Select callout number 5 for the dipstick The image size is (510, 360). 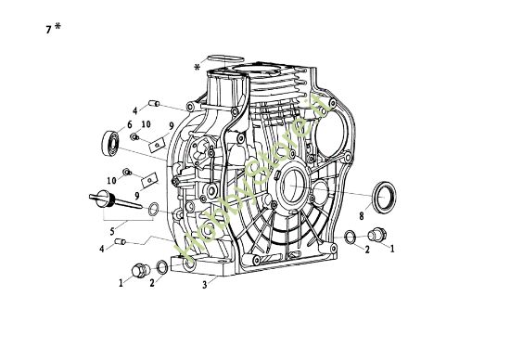pyautogui.click(x=111, y=229)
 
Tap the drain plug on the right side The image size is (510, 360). pyautogui.click(x=377, y=234)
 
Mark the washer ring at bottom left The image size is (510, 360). pyautogui.click(x=161, y=269)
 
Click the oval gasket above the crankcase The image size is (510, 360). pyautogui.click(x=220, y=58)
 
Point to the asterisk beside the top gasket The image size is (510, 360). pyautogui.click(x=197, y=68)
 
